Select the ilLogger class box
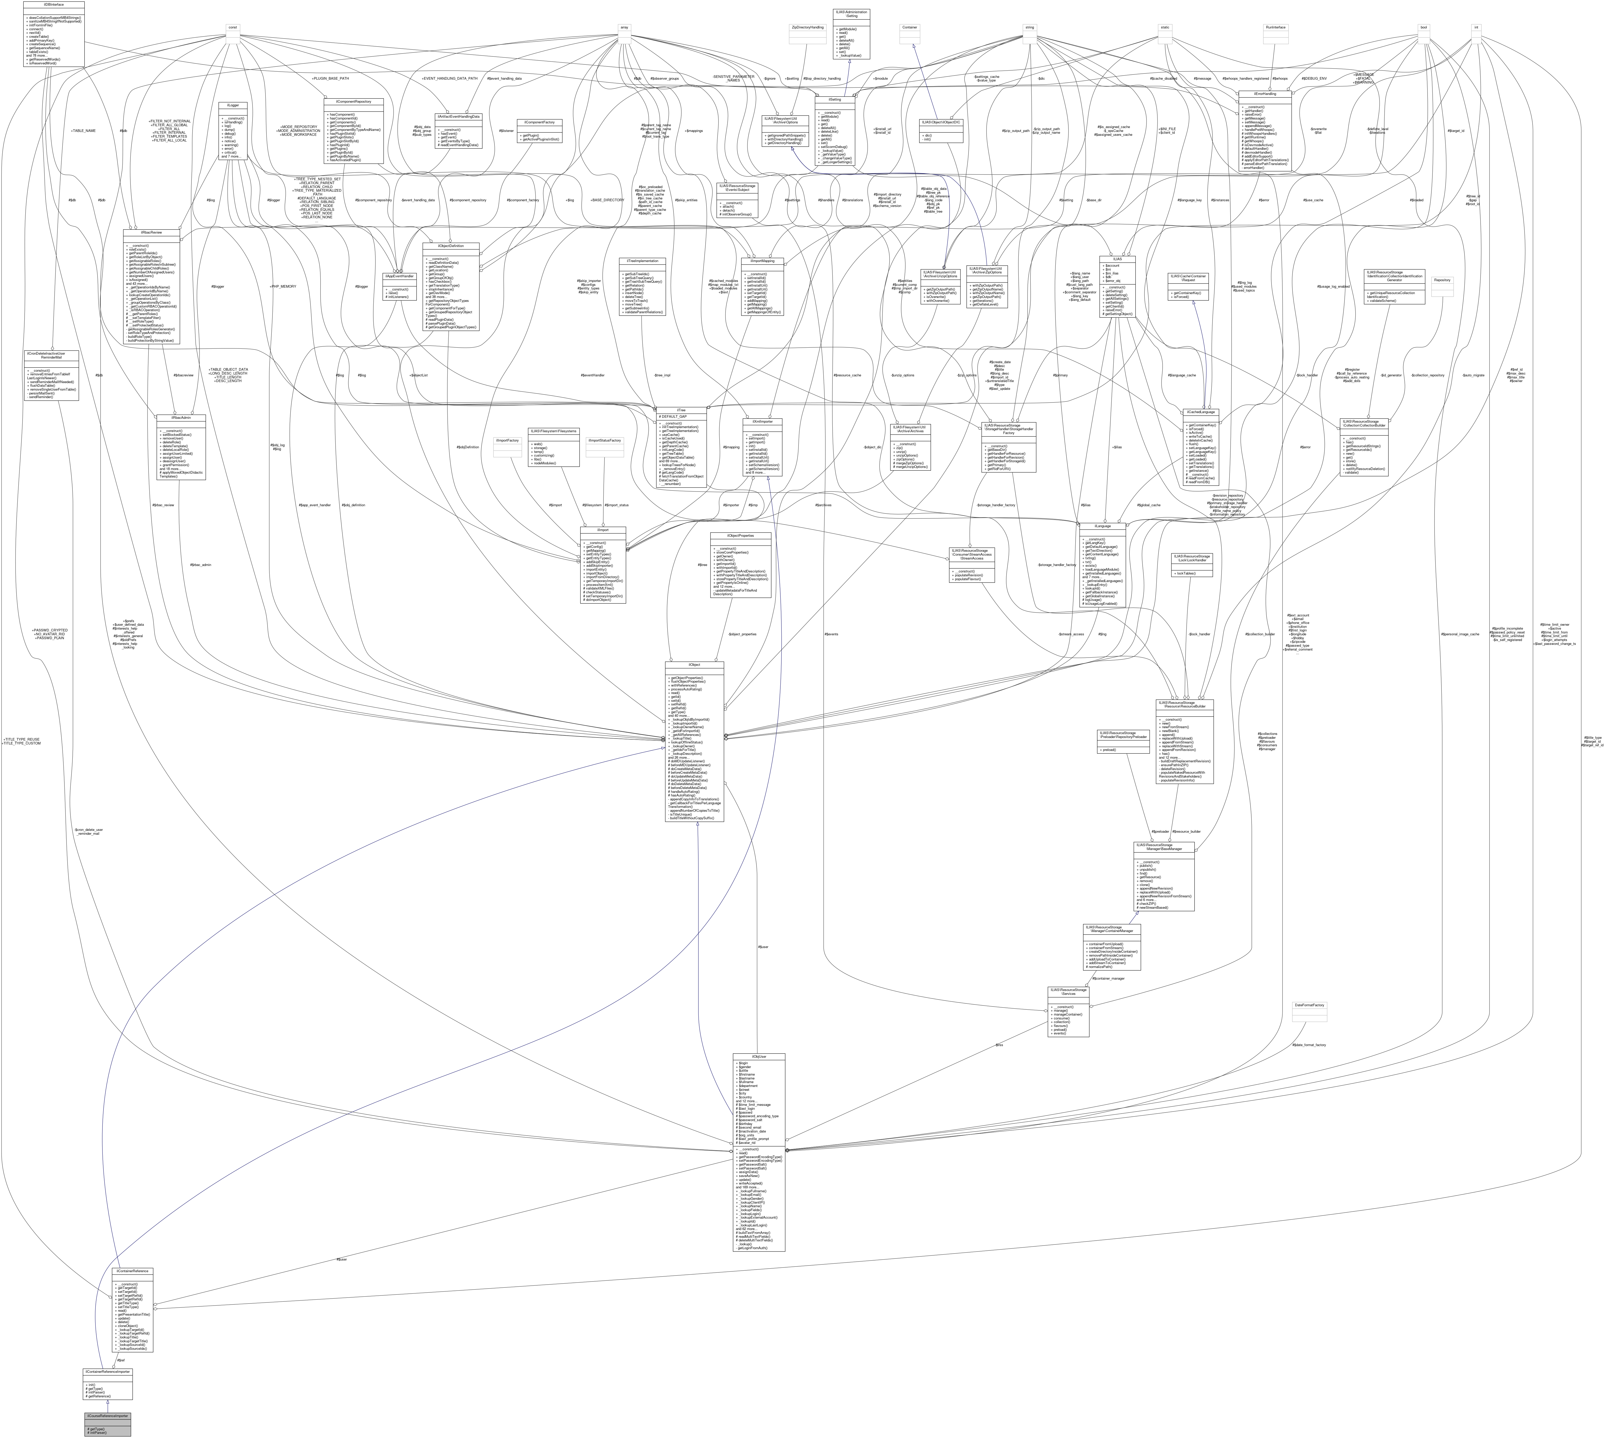pyautogui.click(x=234, y=130)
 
